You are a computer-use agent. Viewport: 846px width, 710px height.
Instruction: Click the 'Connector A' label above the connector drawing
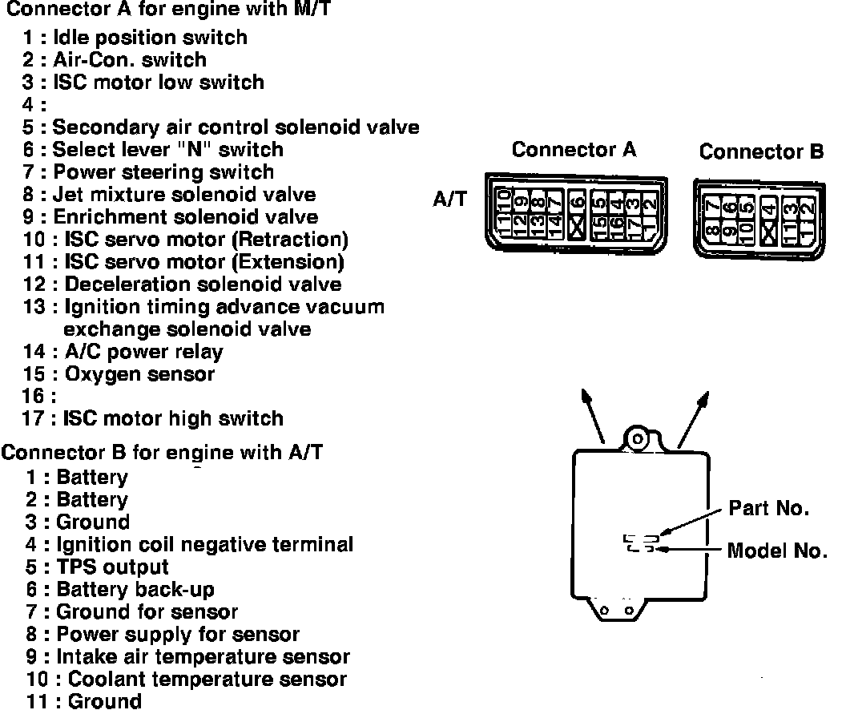(x=574, y=150)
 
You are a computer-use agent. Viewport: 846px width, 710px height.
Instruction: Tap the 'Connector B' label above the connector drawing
(x=761, y=151)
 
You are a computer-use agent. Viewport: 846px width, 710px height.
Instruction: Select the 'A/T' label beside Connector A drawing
(x=449, y=200)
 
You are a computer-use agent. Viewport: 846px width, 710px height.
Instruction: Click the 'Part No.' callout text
(x=768, y=508)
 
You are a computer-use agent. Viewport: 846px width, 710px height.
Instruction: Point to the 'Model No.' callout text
(x=776, y=551)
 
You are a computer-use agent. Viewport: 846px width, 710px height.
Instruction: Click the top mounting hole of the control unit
(x=637, y=439)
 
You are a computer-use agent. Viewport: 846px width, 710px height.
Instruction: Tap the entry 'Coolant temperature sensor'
(x=207, y=679)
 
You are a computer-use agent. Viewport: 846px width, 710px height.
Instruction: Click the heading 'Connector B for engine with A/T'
(x=162, y=452)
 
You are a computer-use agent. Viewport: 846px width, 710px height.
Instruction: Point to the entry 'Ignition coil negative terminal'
(x=204, y=544)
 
